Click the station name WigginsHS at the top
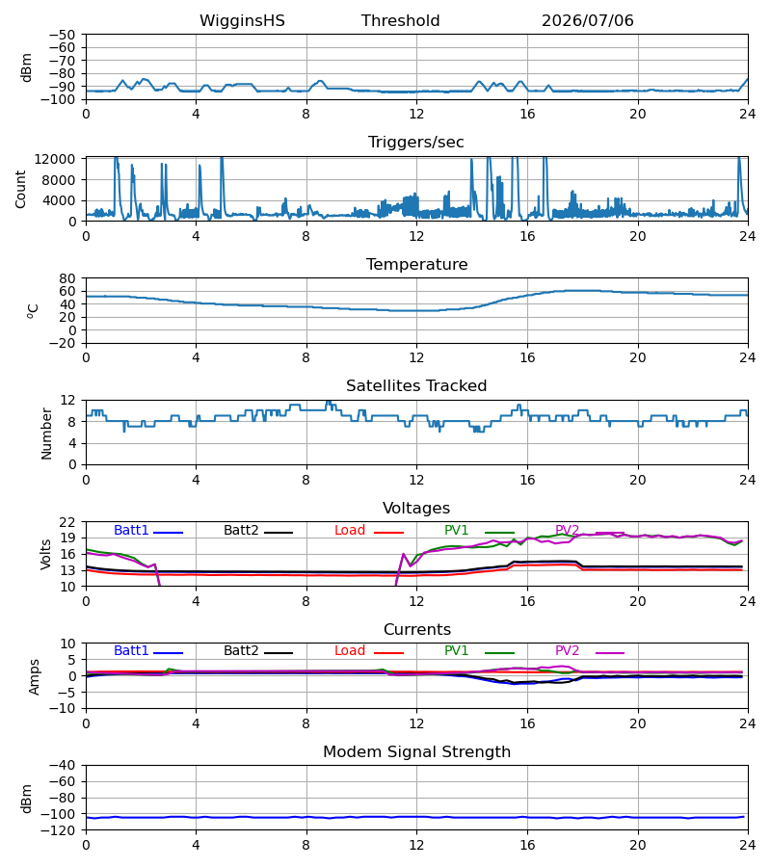tap(242, 21)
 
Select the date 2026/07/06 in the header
tap(587, 21)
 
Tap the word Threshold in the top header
tap(400, 21)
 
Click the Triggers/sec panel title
tap(416, 143)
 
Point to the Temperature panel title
tap(416, 264)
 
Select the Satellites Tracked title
tap(416, 386)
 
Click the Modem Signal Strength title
tap(416, 752)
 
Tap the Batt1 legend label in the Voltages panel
tap(131, 530)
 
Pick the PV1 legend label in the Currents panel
tap(456, 651)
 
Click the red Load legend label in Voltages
tap(350, 530)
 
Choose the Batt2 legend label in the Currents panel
tap(241, 651)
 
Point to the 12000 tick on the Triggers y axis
tap(55, 159)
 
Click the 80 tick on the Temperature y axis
tap(67, 278)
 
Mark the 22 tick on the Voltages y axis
tap(67, 522)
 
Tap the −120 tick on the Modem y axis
tap(62, 830)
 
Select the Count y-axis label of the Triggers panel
tap(21, 189)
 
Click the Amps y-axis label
tap(35, 677)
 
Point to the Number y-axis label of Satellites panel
tap(46, 434)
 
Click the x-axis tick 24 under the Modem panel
tap(748, 846)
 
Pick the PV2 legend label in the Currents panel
tap(567, 651)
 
